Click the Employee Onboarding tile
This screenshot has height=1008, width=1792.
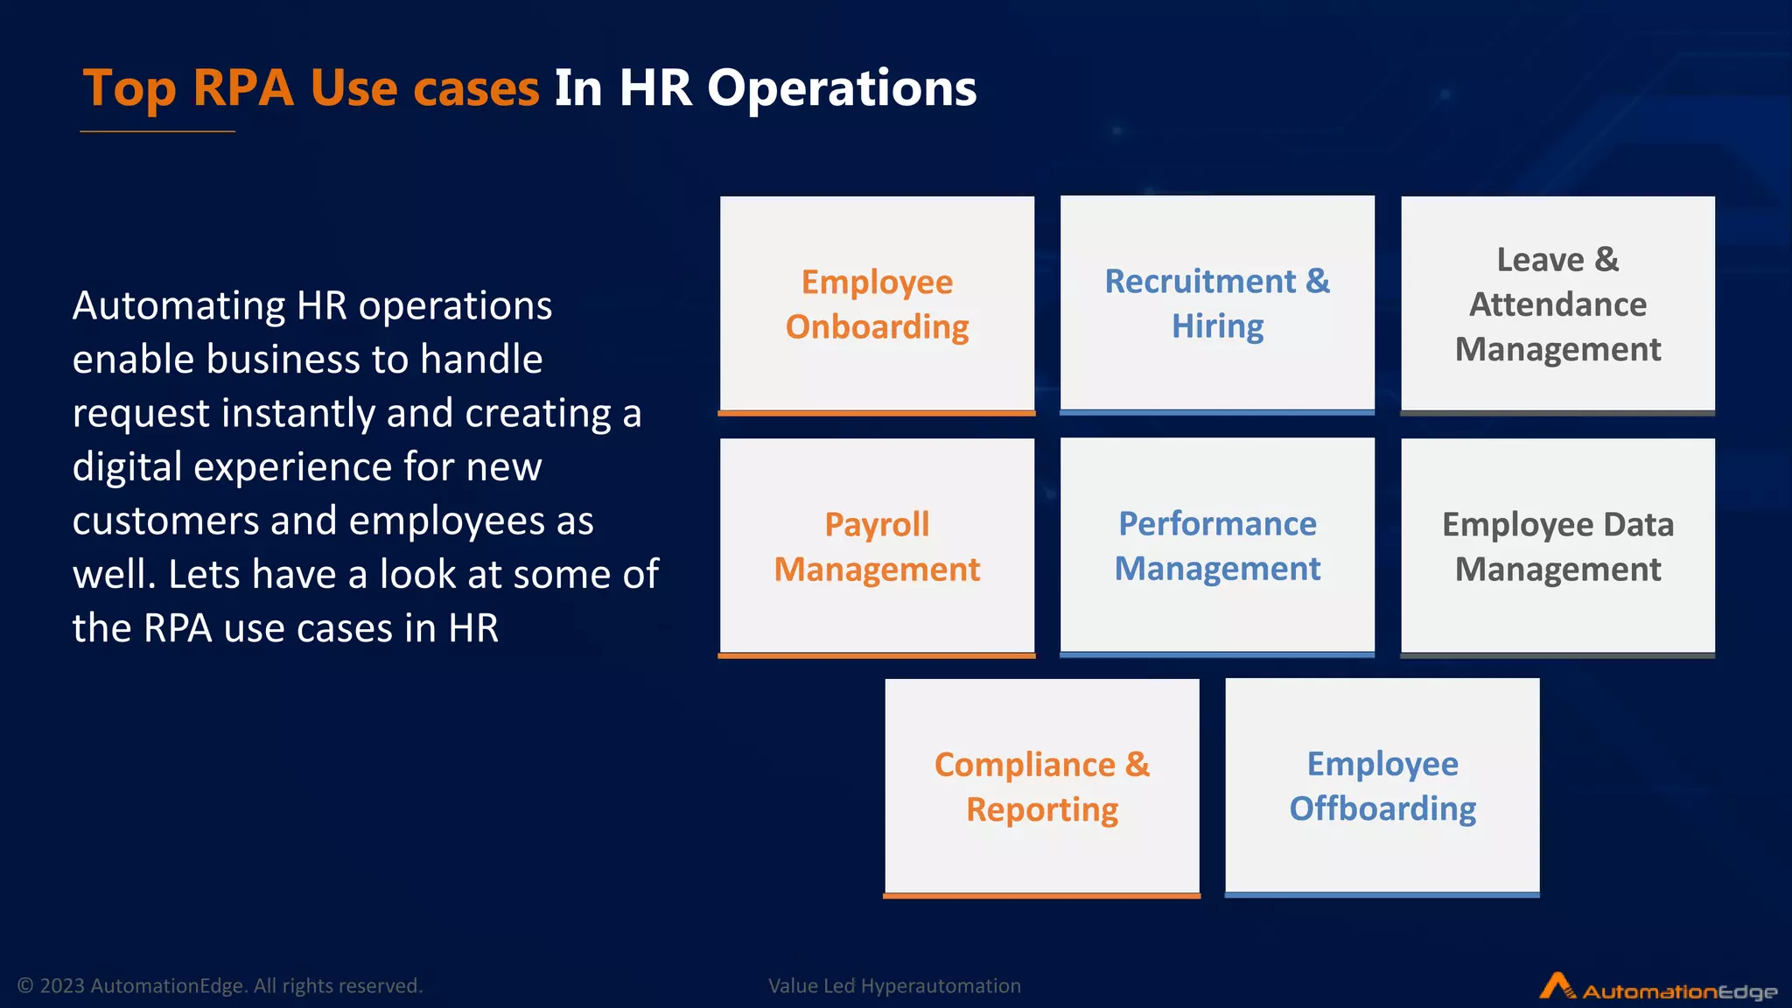pyautogui.click(x=877, y=304)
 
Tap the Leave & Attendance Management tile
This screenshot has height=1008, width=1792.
pyautogui.click(x=1557, y=304)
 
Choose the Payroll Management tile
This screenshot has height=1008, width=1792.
pyautogui.click(x=877, y=546)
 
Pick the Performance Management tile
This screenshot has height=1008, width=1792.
pyautogui.click(x=1217, y=546)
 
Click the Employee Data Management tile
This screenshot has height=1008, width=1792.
pyautogui.click(x=1557, y=546)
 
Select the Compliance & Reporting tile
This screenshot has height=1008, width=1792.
pyautogui.click(x=1041, y=787)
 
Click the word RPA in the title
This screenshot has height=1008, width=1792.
pyautogui.click(x=243, y=88)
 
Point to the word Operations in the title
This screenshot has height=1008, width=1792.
pyautogui.click(x=842, y=88)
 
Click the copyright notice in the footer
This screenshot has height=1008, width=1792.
pyautogui.click(x=220, y=986)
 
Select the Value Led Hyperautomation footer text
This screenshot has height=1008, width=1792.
pyautogui.click(x=894, y=986)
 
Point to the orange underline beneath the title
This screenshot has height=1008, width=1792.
pyautogui.click(x=157, y=131)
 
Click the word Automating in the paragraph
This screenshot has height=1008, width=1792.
pyautogui.click(x=178, y=306)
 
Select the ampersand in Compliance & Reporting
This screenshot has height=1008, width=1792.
pyautogui.click(x=1137, y=765)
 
